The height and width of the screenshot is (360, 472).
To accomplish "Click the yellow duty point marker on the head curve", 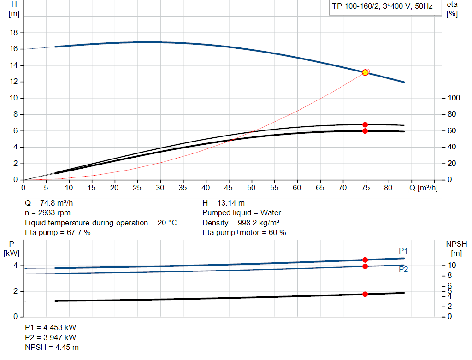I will [x=365, y=72].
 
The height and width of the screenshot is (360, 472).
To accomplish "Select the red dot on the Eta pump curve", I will [x=365, y=124].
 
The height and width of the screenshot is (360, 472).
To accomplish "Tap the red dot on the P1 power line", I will [x=365, y=260].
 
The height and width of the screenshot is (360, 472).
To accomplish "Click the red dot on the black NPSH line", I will [x=365, y=294].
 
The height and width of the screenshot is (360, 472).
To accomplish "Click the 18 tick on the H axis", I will [x=14, y=33].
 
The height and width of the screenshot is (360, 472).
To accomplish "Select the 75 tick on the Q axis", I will [x=365, y=188].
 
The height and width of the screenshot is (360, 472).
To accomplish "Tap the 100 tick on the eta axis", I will [x=454, y=98].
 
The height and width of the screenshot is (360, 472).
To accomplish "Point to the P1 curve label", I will [x=403, y=251].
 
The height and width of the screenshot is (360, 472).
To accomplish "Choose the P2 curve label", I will [x=403, y=270].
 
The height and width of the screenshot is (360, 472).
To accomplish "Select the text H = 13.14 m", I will [x=224, y=203].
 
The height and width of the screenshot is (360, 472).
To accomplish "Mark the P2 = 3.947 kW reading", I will [x=51, y=337].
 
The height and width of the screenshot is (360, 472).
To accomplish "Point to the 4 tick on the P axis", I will [x=15, y=266].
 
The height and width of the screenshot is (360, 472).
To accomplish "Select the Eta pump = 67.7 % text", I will [x=58, y=233].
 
